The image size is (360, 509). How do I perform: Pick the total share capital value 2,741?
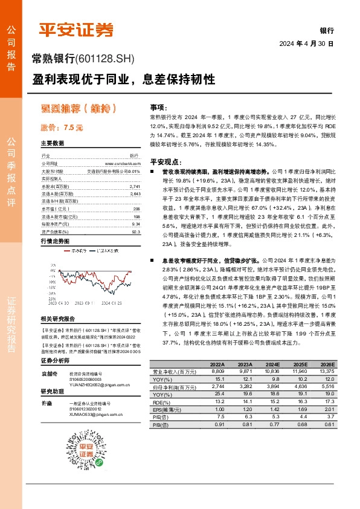(x=135, y=186)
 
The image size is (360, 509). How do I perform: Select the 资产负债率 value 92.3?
(x=136, y=214)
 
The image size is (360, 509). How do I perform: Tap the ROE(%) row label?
(x=162, y=401)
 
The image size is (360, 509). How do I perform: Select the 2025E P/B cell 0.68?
(x=301, y=423)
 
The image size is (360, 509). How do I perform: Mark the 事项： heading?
(x=158, y=105)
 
